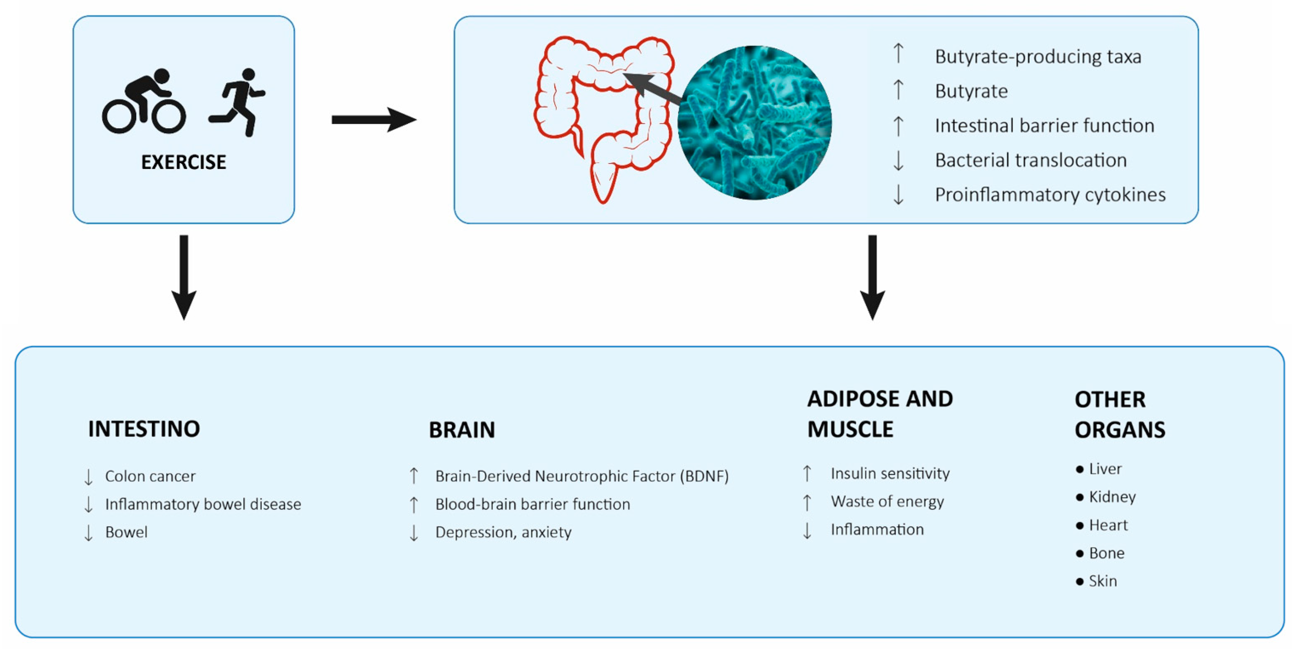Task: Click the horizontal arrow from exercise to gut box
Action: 374,120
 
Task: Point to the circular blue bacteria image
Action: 755,123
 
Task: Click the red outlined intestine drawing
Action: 602,115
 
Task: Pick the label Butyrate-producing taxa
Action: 1038,57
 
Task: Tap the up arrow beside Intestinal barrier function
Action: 898,126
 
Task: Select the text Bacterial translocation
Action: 1031,160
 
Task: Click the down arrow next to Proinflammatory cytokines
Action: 898,195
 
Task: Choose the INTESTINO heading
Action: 144,429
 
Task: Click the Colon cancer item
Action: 150,476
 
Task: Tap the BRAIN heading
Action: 461,430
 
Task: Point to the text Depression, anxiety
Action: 503,532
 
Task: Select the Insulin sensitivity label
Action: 890,474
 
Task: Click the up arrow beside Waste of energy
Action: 807,502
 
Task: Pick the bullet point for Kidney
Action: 1080,498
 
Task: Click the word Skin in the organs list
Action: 1103,581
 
